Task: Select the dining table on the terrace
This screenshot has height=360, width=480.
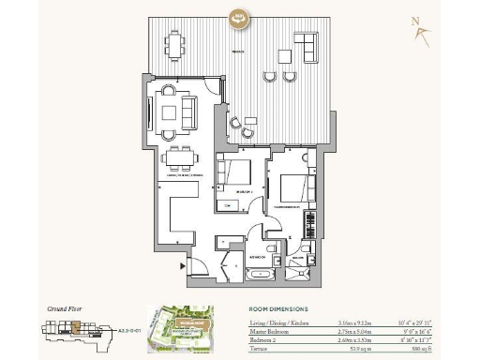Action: (x=174, y=43)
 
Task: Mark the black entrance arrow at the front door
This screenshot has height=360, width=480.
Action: (x=183, y=265)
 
